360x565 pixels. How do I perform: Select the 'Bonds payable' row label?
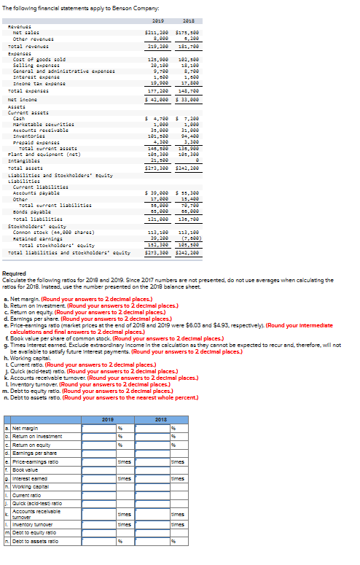(32, 211)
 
